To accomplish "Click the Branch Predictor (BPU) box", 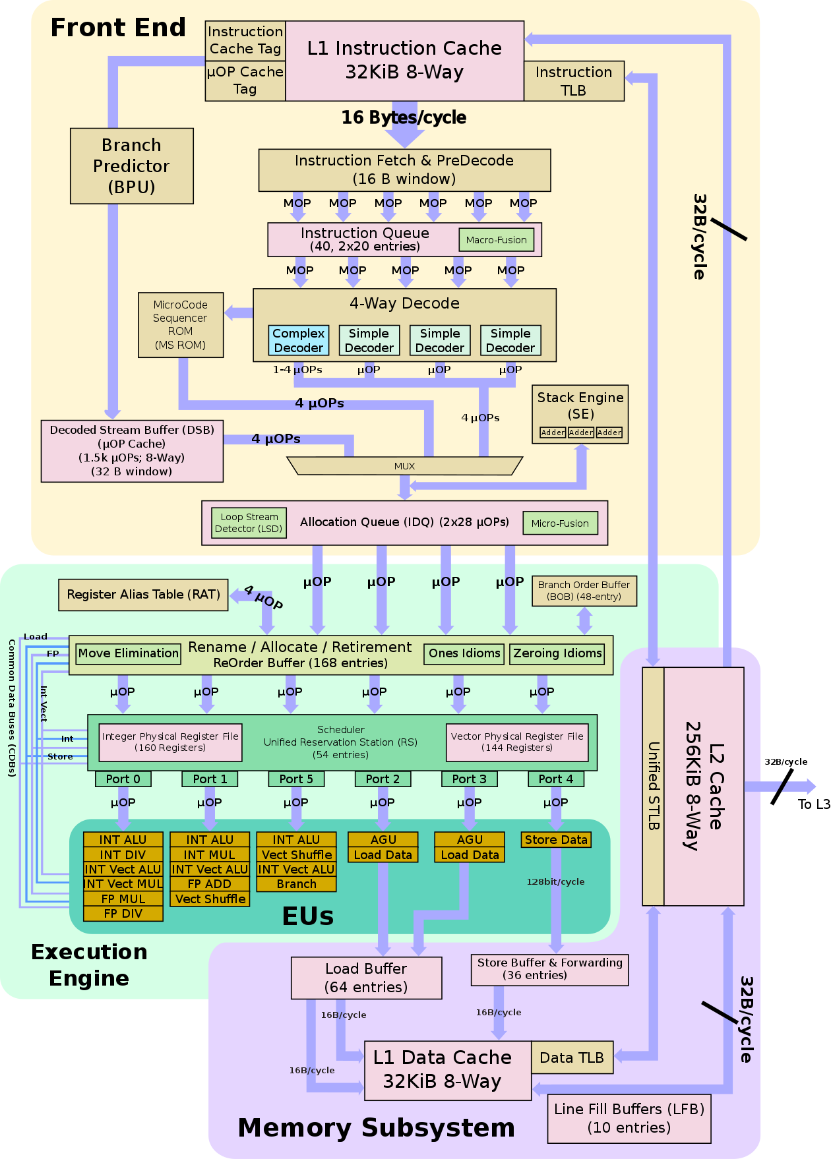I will [x=131, y=165].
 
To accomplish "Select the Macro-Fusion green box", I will [x=496, y=240].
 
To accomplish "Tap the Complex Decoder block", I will [x=298, y=340].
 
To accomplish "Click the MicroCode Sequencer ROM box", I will [x=180, y=324].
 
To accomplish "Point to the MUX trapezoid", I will [x=404, y=465].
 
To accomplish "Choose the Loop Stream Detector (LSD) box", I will [x=249, y=523].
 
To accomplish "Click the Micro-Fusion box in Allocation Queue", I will [x=559, y=523].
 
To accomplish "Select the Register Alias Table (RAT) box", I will [x=143, y=595].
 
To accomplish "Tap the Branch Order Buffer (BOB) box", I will [x=584, y=591].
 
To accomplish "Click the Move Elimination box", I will [x=128, y=653].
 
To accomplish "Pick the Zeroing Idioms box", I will [x=557, y=653].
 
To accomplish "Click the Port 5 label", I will [x=296, y=779].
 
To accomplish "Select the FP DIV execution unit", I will [x=123, y=914].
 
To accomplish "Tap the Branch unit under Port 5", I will [x=296, y=884].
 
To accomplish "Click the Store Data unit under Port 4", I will [x=556, y=840].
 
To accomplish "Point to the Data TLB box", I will [x=572, y=1057].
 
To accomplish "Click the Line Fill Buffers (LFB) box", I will [x=629, y=1118].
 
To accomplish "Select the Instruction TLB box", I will [x=574, y=81].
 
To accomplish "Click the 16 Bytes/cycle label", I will [x=404, y=117].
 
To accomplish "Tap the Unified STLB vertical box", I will [x=653, y=786].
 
